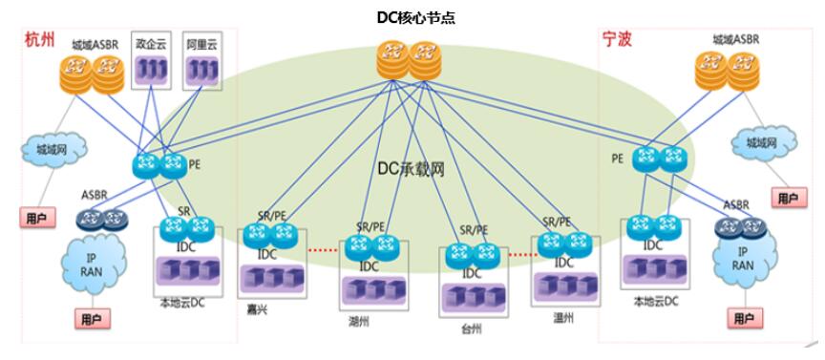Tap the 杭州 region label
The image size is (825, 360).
(39, 41)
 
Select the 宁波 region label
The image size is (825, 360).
(617, 41)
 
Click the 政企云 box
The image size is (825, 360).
(151, 62)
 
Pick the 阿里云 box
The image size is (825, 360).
(201, 62)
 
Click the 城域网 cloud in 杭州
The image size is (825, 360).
(53, 150)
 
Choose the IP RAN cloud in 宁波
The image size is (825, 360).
(740, 257)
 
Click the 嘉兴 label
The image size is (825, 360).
(257, 307)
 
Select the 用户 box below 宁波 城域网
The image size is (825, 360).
(787, 198)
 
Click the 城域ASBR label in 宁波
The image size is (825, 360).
(735, 40)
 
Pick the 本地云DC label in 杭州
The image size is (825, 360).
(184, 303)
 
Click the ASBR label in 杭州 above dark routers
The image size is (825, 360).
(95, 195)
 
